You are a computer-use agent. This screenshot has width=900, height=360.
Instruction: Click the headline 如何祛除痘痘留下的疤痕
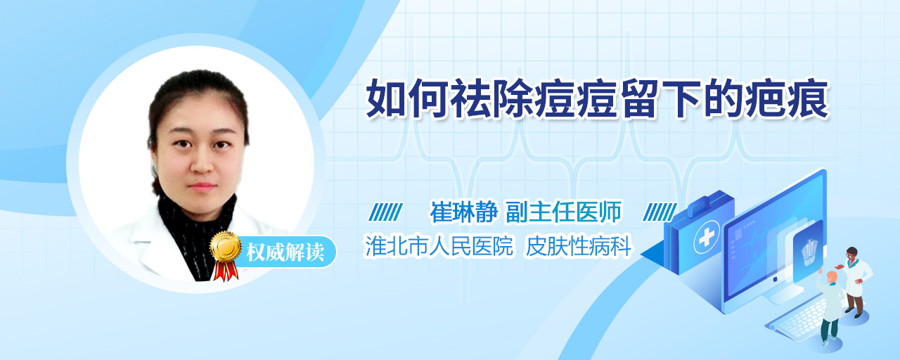(598, 99)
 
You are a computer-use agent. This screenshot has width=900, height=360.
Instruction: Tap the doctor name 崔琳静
(464, 212)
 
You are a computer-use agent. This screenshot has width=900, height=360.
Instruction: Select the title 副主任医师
(564, 212)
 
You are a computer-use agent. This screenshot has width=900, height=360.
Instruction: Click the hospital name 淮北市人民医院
(439, 246)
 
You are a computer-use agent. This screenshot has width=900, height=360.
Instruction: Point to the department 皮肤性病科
(579, 246)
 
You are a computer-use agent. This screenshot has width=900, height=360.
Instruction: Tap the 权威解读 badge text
(285, 252)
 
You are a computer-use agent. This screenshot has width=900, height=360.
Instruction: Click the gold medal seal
(226, 246)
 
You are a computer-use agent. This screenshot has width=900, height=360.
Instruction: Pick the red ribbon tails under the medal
(226, 271)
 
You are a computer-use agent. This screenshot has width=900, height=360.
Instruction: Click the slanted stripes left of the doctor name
(385, 212)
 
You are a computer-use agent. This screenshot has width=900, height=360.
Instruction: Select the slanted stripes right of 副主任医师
(660, 212)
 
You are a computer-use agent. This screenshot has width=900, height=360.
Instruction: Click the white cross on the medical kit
(707, 237)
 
